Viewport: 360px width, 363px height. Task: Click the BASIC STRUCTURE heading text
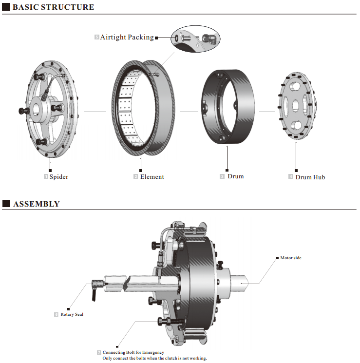(53, 7)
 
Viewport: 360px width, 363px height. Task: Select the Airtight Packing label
(127, 37)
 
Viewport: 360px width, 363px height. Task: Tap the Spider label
(58, 176)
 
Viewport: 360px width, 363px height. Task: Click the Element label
(152, 176)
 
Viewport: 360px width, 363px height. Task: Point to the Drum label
(235, 176)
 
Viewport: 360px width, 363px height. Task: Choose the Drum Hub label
(310, 177)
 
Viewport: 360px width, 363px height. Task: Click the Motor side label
(291, 258)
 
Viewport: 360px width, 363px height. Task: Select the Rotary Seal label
(72, 314)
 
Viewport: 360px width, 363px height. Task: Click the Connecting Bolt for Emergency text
(133, 352)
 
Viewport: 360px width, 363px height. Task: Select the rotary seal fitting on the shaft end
(97, 284)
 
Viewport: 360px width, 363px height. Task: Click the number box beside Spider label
(46, 176)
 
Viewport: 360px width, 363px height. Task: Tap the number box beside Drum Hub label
(291, 176)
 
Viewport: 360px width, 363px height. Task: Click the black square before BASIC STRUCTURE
(6, 7)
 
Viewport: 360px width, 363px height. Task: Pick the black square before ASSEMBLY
(6, 204)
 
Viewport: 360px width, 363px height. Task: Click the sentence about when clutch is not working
(154, 358)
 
